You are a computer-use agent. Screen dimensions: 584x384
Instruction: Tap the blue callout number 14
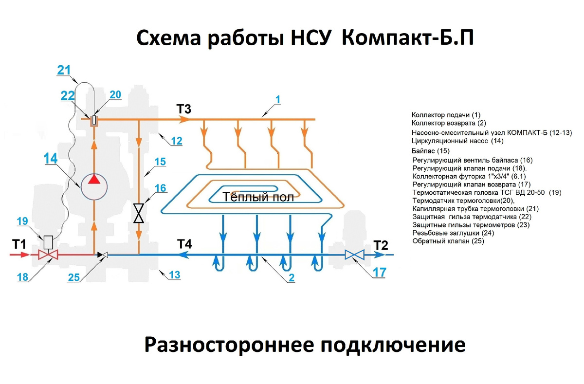pyautogui.click(x=51, y=158)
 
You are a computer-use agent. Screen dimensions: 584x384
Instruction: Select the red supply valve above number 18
pyautogui.click(x=48, y=255)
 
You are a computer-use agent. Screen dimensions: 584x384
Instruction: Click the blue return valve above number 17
pyautogui.click(x=354, y=255)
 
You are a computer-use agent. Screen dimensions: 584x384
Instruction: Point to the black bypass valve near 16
pyautogui.click(x=139, y=213)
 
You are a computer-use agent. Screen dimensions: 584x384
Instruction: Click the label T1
pyautogui.click(x=19, y=244)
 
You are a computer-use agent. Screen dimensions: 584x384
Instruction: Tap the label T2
pyautogui.click(x=381, y=245)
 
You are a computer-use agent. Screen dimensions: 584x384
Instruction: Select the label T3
pyautogui.click(x=184, y=109)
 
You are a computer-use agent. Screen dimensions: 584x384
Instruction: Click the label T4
pyautogui.click(x=184, y=244)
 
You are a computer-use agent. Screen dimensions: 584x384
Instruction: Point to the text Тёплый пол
pyautogui.click(x=258, y=197)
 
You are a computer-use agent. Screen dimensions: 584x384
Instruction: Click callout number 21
pyautogui.click(x=64, y=70)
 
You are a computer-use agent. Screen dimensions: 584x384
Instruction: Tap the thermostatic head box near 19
pyautogui.click(x=48, y=242)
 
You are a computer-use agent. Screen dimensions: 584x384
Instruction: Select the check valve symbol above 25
pyautogui.click(x=103, y=255)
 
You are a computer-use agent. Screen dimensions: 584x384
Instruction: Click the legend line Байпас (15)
pyautogui.click(x=430, y=151)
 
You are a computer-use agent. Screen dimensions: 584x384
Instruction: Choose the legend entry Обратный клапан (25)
pyautogui.click(x=448, y=241)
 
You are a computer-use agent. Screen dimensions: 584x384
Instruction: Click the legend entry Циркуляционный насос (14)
pyautogui.click(x=457, y=141)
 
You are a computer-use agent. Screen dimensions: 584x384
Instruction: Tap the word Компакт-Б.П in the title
pyautogui.click(x=407, y=38)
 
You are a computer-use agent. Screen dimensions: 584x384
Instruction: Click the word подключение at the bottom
pyautogui.click(x=393, y=345)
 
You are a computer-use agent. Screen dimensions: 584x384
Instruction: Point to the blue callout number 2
pyautogui.click(x=292, y=277)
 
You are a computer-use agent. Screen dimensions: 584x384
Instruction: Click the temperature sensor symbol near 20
pyautogui.click(x=94, y=120)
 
